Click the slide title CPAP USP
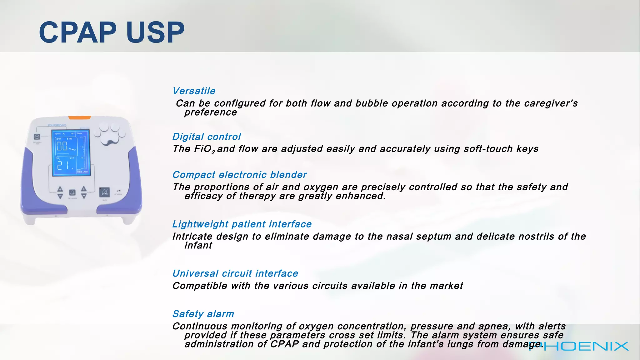click(112, 32)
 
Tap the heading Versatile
click(194, 91)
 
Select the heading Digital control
click(206, 137)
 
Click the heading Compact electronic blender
click(239, 175)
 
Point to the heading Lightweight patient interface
click(242, 224)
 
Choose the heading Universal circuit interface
click(235, 273)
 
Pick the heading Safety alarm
click(203, 314)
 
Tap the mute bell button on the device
click(104, 192)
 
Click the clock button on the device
click(37, 137)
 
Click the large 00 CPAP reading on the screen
click(62, 146)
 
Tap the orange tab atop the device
click(79, 118)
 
